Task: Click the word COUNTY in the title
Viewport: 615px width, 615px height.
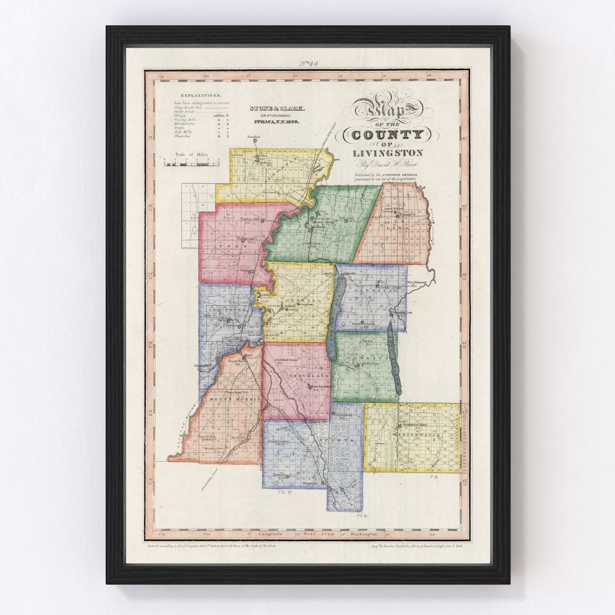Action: coord(387,135)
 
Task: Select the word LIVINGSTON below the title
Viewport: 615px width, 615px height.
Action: coord(387,153)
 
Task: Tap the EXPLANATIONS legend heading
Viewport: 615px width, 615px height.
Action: coord(201,96)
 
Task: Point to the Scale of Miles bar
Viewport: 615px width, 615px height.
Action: coord(192,163)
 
